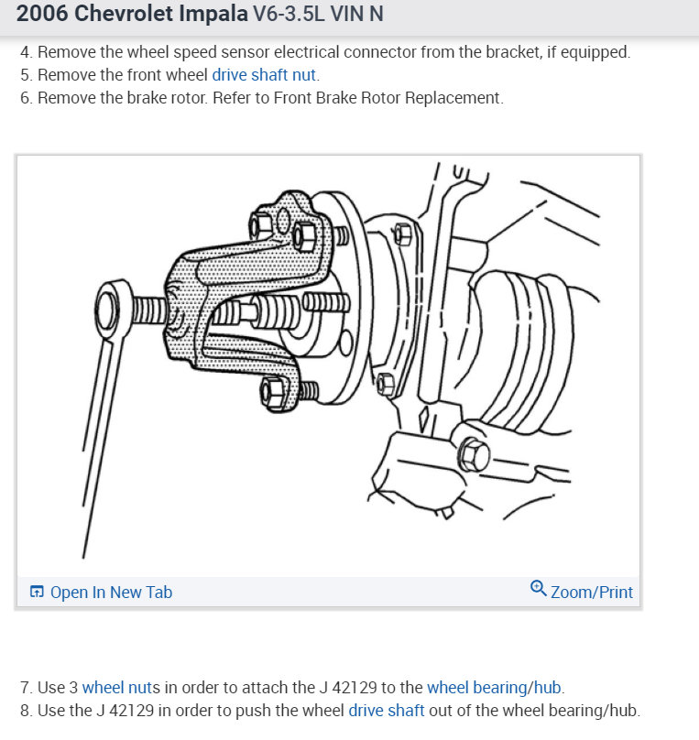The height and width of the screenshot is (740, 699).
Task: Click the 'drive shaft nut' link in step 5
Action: point(265,75)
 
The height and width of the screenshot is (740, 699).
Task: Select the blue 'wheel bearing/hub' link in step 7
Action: point(494,687)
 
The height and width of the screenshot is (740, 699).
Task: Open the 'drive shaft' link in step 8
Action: point(386,710)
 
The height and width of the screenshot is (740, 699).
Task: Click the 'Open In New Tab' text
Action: point(111,593)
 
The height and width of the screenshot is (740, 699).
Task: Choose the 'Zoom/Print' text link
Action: point(591,593)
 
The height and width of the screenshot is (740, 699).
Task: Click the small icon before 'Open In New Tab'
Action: point(37,593)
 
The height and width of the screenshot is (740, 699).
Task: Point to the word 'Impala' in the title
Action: point(214,15)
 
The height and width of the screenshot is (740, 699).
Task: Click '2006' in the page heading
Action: point(41,15)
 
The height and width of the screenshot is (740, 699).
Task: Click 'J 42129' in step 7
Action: point(325,687)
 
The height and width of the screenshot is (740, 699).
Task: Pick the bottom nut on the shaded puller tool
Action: point(274,393)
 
